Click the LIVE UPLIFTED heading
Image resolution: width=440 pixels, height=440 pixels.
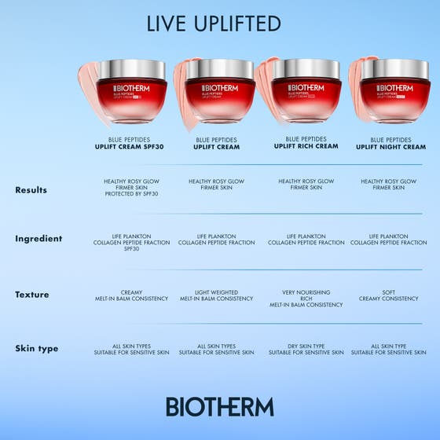coord(213,24)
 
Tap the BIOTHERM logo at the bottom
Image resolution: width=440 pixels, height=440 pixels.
coord(220,406)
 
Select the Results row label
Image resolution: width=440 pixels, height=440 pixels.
coord(31,190)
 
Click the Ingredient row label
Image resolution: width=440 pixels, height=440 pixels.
coord(38,239)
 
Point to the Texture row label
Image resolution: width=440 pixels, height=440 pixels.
coord(31,295)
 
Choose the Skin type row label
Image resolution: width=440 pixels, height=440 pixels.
coord(36,349)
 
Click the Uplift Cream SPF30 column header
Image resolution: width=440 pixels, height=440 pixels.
coord(130,143)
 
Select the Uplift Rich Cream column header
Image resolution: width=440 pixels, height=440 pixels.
coord(306,143)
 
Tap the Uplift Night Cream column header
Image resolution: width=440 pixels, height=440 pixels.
coord(390,143)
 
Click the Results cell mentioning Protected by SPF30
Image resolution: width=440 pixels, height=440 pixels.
coord(130,187)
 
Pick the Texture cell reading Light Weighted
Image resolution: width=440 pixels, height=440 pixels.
coord(216,295)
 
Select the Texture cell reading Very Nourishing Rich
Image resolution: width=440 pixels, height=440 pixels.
coord(306,299)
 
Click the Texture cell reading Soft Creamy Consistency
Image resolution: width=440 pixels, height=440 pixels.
coord(388,295)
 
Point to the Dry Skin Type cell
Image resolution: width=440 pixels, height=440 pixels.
coord(306,350)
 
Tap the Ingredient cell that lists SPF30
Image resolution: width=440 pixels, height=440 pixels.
coord(130,243)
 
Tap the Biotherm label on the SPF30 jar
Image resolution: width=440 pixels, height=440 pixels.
coord(130,88)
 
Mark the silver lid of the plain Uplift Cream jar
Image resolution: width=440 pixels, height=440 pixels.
coord(220,68)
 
